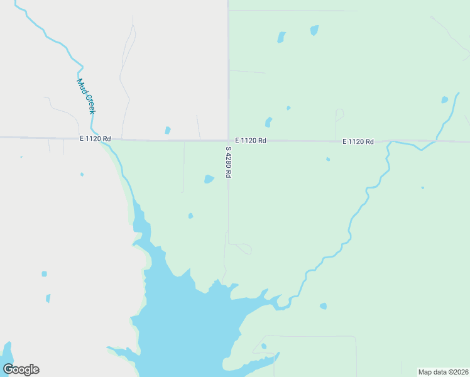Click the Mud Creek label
(86, 96)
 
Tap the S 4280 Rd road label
(229, 162)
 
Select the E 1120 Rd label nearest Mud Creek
(95, 139)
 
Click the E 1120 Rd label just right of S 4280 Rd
(251, 141)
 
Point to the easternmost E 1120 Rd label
(358, 142)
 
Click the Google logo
(21, 369)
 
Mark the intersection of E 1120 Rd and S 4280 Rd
(228, 141)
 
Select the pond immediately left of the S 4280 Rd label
(209, 179)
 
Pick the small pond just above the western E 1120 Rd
(167, 131)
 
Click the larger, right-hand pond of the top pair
(314, 30)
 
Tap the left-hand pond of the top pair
(281, 37)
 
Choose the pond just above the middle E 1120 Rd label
(268, 122)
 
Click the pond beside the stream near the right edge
(445, 99)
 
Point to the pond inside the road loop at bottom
(264, 346)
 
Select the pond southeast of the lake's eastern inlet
(323, 306)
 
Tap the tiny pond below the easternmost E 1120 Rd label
(328, 159)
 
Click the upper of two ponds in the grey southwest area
(44, 274)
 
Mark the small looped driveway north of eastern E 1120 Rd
(340, 114)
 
